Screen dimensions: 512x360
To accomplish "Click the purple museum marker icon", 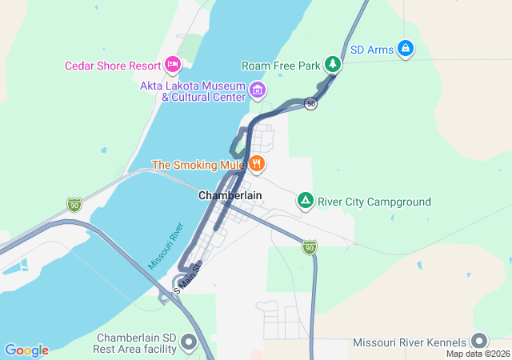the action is pos(258,90).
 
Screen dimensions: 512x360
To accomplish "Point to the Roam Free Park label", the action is pos(280,65).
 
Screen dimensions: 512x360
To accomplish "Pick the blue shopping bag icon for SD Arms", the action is pos(406,49).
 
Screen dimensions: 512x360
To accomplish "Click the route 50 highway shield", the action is pos(311,104).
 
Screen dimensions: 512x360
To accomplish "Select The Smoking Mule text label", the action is pos(198,166).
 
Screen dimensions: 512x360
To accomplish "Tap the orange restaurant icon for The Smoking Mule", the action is pos(256,165).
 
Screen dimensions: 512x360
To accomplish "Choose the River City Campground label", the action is pos(374,202).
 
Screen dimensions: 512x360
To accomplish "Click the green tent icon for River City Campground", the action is pos(305,200).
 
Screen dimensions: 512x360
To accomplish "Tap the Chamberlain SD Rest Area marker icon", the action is pos(190,342).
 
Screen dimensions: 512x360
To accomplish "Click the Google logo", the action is pos(26,350).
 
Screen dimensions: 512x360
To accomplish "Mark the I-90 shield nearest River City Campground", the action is pos(310,248).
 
